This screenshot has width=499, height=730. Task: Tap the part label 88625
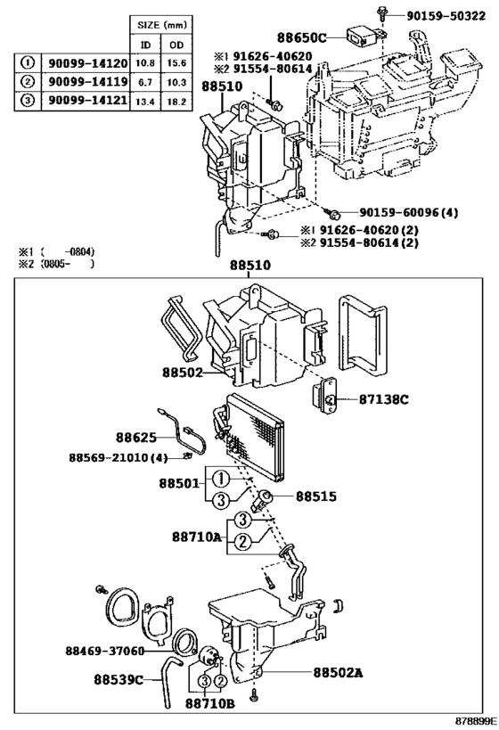(x=135, y=438)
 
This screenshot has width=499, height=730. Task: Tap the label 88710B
(x=210, y=704)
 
